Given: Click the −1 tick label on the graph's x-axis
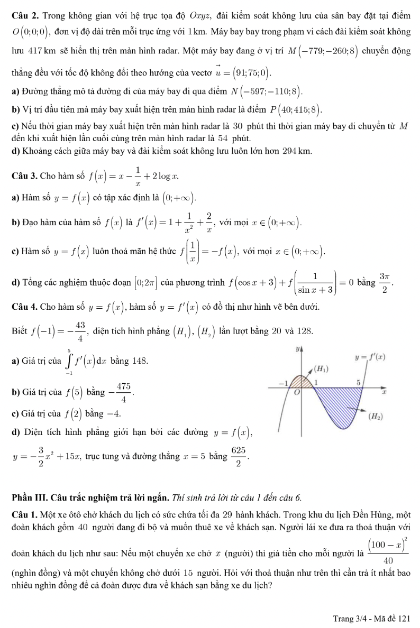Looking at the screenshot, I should [x=283, y=382].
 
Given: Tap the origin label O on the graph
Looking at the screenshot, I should [x=297, y=393].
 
